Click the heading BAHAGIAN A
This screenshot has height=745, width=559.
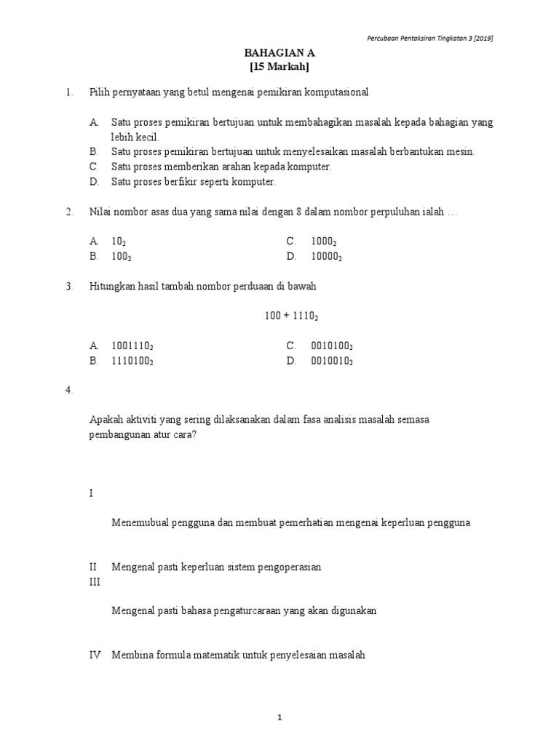(279, 54)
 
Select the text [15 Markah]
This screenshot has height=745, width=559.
(279, 67)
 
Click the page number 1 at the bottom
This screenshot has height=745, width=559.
(279, 718)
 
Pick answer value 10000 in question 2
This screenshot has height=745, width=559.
(326, 256)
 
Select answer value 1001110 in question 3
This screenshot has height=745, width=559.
(132, 346)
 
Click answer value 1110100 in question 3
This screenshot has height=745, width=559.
(132, 361)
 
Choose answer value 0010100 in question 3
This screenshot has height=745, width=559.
(331, 346)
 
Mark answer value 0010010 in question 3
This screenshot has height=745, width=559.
(331, 361)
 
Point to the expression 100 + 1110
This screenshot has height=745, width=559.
(291, 316)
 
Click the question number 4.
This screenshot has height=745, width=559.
(69, 391)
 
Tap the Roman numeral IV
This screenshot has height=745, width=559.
(95, 655)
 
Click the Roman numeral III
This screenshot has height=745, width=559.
(94, 582)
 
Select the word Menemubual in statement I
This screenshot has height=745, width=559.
(138, 522)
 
